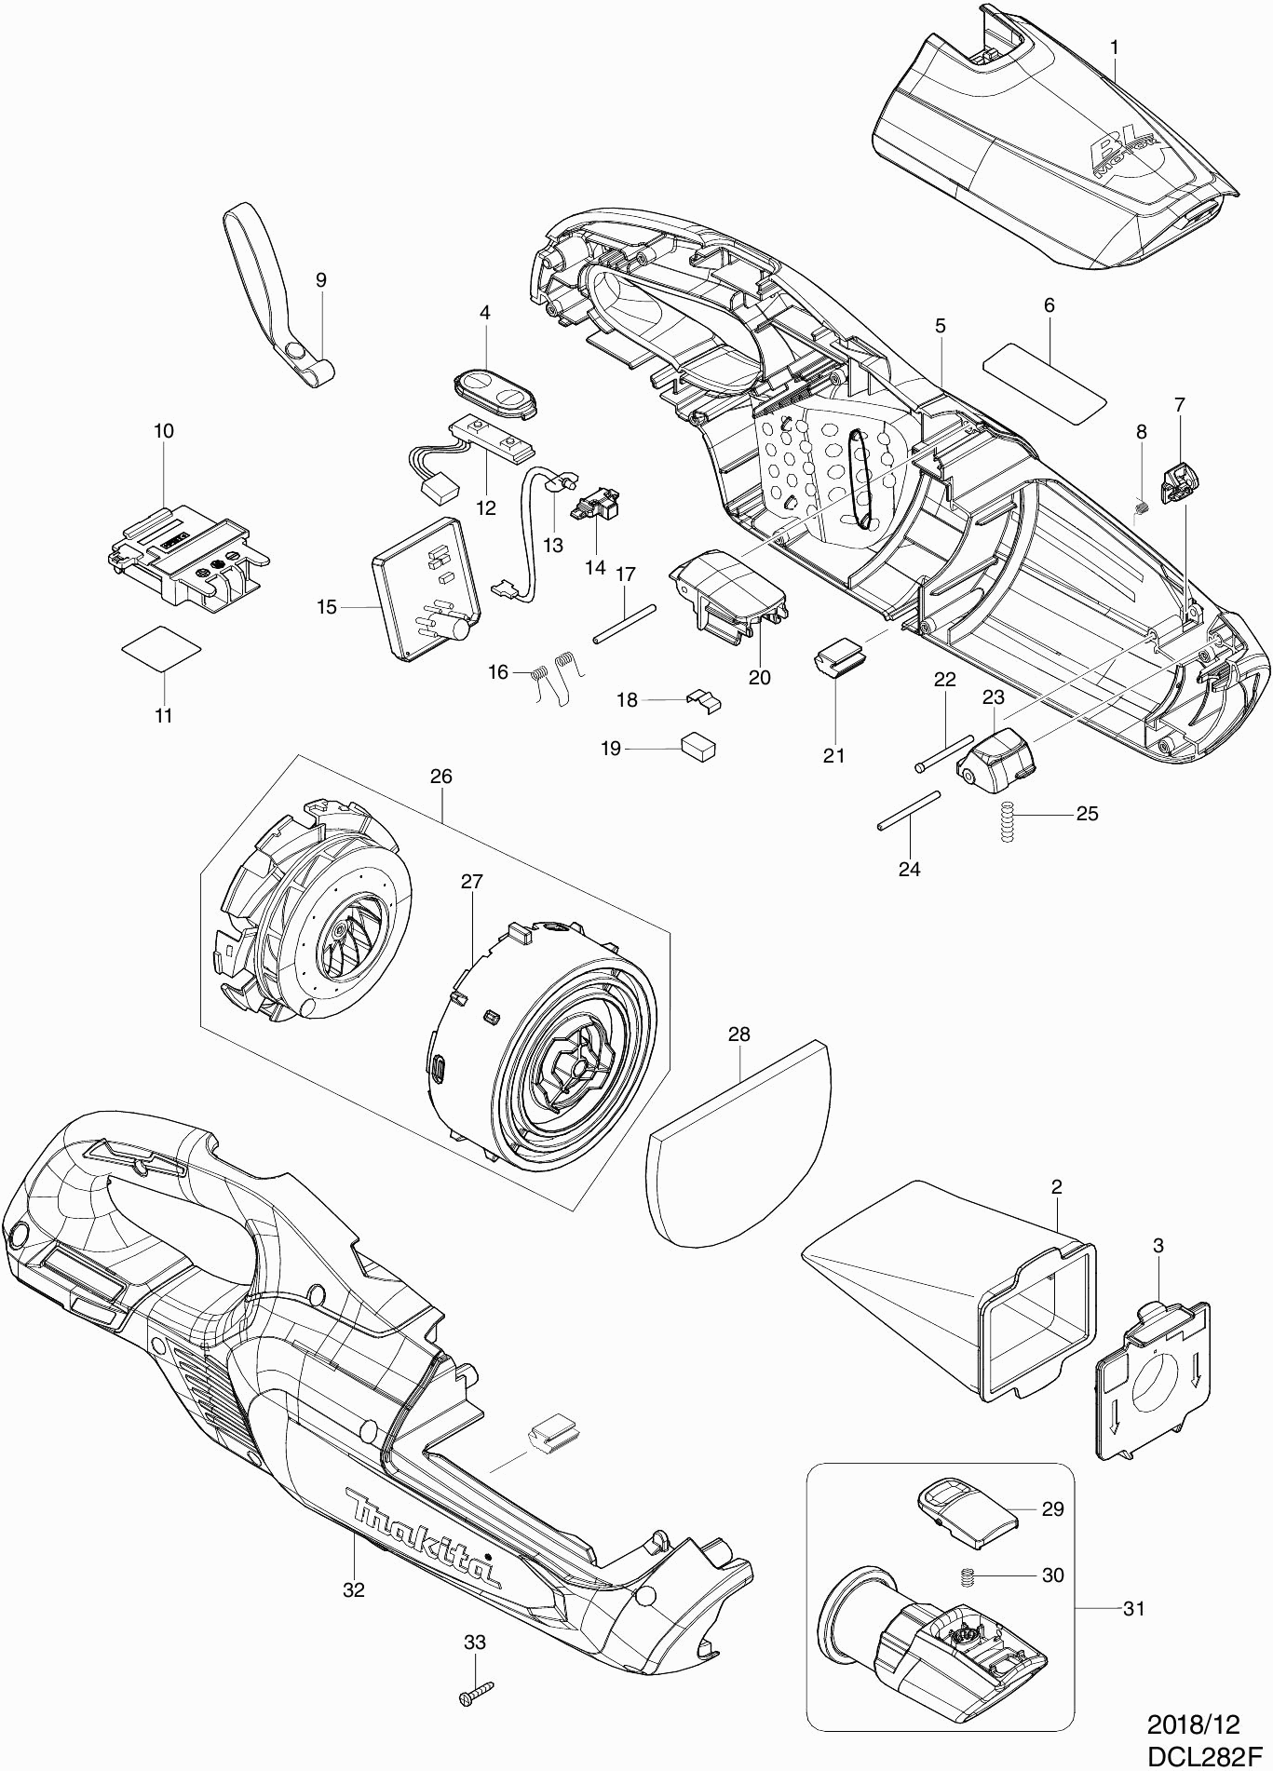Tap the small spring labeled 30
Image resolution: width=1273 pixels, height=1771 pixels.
(x=968, y=1576)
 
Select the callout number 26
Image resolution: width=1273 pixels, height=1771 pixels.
(x=440, y=776)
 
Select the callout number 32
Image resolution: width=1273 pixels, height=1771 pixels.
(x=354, y=1589)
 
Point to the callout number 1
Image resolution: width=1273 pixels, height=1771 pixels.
(x=1115, y=46)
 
